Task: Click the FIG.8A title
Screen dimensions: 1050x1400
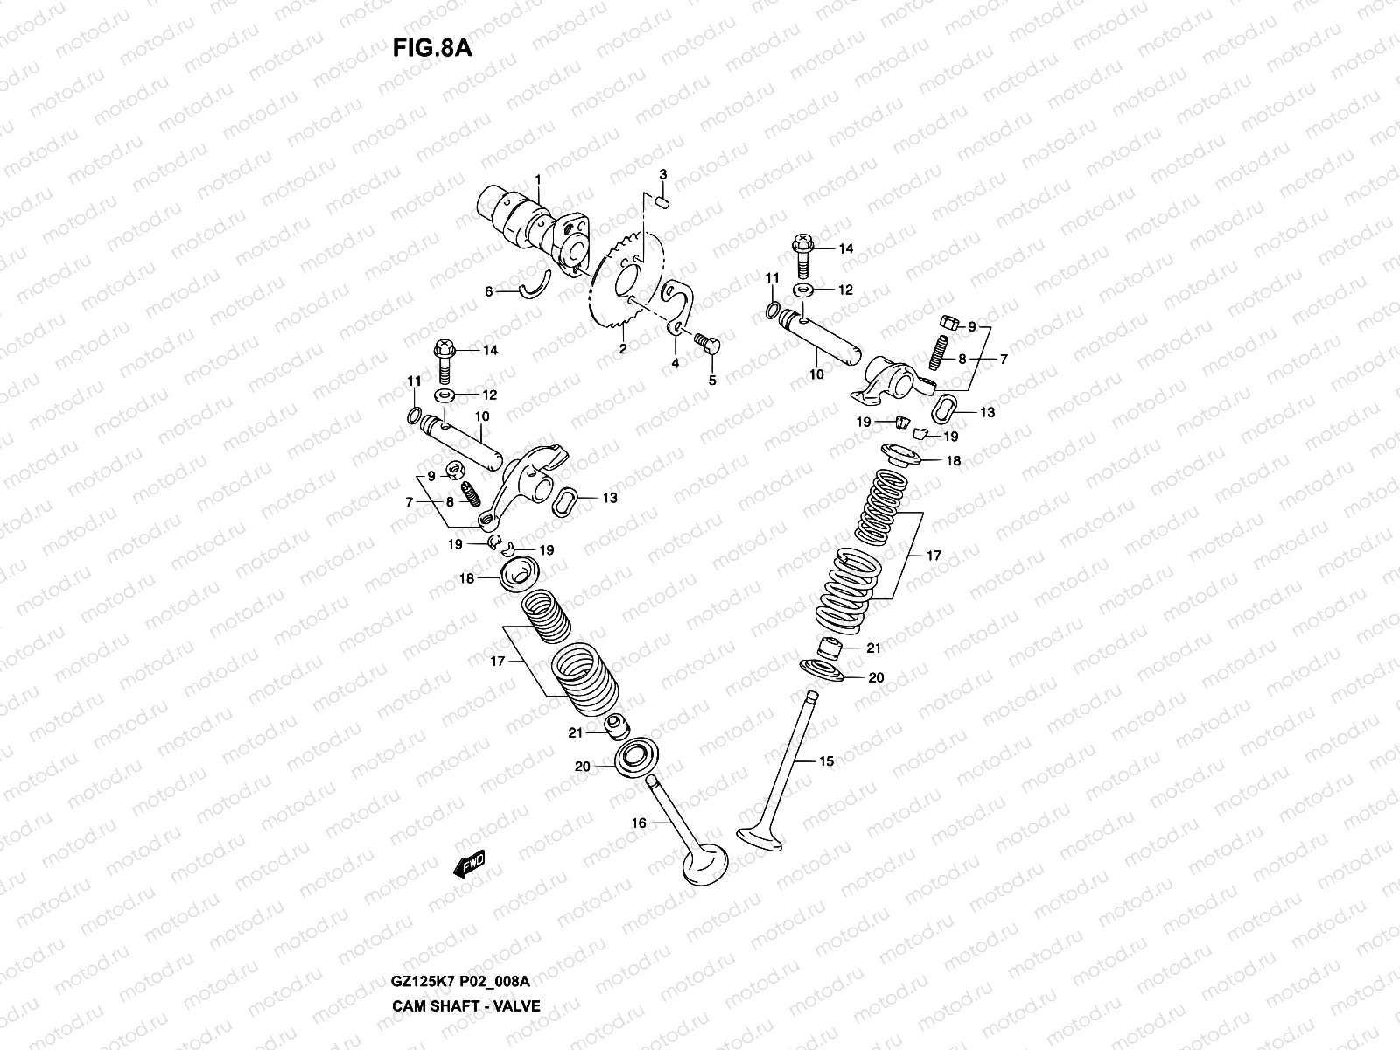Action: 432,47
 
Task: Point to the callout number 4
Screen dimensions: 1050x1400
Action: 675,362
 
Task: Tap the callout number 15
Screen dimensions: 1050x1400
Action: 826,761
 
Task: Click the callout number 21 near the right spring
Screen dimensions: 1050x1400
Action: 873,647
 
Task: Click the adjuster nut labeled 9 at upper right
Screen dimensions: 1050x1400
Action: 946,324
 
